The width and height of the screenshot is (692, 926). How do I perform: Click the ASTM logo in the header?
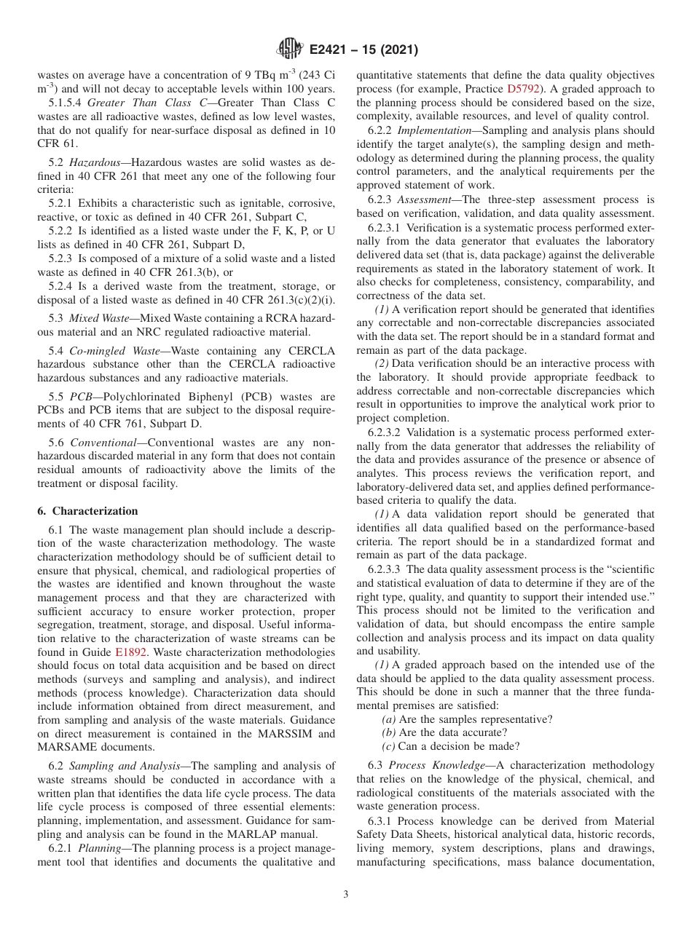[290, 50]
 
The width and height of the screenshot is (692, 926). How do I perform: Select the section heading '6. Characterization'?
[87, 511]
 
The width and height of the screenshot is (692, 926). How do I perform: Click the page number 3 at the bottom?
[346, 894]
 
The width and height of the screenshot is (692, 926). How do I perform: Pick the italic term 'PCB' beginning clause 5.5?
[81, 397]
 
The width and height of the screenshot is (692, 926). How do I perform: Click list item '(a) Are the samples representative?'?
[467, 719]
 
